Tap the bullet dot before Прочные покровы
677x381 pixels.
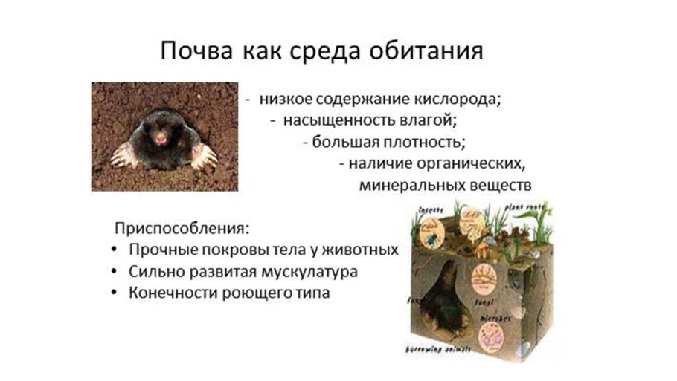[112, 250]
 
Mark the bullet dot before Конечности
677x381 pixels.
[112, 293]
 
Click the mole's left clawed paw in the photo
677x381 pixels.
[122, 156]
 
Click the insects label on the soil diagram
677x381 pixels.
[431, 210]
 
